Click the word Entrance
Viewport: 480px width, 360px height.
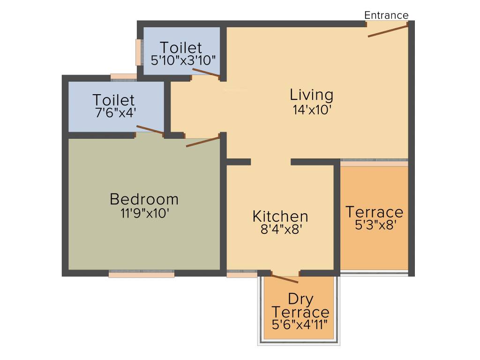tap(386, 15)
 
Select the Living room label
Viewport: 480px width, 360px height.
tap(312, 95)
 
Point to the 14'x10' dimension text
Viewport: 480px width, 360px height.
tap(312, 111)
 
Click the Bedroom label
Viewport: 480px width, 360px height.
tap(144, 199)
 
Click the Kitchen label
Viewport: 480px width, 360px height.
tap(280, 217)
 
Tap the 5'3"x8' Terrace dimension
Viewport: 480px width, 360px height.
tap(374, 225)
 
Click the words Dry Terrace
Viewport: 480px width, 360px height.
tap(300, 305)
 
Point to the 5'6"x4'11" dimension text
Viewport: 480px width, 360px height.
tap(300, 324)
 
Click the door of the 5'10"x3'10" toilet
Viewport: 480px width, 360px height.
tap(206, 72)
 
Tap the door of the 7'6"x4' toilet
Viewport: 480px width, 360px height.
tap(150, 130)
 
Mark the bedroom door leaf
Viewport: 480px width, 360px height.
tap(203, 142)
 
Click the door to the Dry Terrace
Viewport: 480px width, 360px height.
tap(285, 279)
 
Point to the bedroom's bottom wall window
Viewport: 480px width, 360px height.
tap(142, 274)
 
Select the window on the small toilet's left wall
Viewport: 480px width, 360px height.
tap(139, 52)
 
